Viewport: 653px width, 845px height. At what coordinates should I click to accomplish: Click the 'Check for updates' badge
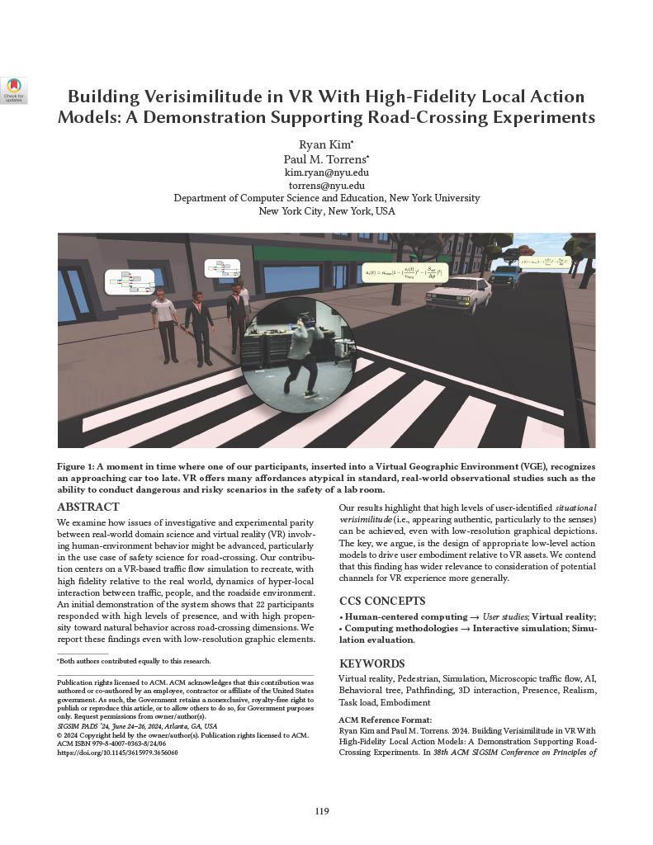(x=14, y=90)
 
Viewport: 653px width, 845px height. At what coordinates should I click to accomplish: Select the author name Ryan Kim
(x=324, y=144)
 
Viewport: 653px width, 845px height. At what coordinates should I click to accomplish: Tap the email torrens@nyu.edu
(x=326, y=186)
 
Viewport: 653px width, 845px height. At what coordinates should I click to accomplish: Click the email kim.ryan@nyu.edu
(x=326, y=172)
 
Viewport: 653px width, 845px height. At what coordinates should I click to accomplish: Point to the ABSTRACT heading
(x=88, y=507)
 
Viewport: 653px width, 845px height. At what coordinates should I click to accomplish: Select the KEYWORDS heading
(x=371, y=663)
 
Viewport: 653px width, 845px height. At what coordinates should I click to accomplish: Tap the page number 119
(x=322, y=811)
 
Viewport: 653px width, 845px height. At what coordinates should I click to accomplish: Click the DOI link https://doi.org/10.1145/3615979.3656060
(x=117, y=753)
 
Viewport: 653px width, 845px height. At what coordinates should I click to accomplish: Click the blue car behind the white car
(x=504, y=275)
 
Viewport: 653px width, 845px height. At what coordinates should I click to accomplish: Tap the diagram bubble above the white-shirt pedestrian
(x=130, y=282)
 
